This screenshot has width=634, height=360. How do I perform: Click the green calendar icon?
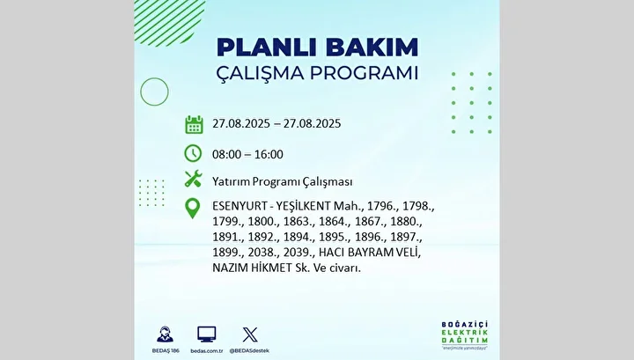194,124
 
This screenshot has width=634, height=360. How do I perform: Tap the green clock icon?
193,153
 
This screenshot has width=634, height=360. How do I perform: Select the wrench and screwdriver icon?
193,179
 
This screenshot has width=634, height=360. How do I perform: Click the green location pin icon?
193,209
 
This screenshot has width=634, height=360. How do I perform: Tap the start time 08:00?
226,154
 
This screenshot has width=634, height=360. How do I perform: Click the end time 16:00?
269,154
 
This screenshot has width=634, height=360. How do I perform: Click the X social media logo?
250,334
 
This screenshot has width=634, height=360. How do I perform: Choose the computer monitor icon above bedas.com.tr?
207,334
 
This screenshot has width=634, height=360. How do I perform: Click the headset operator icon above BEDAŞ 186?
165,334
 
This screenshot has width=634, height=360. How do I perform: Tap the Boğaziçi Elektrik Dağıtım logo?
465,335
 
